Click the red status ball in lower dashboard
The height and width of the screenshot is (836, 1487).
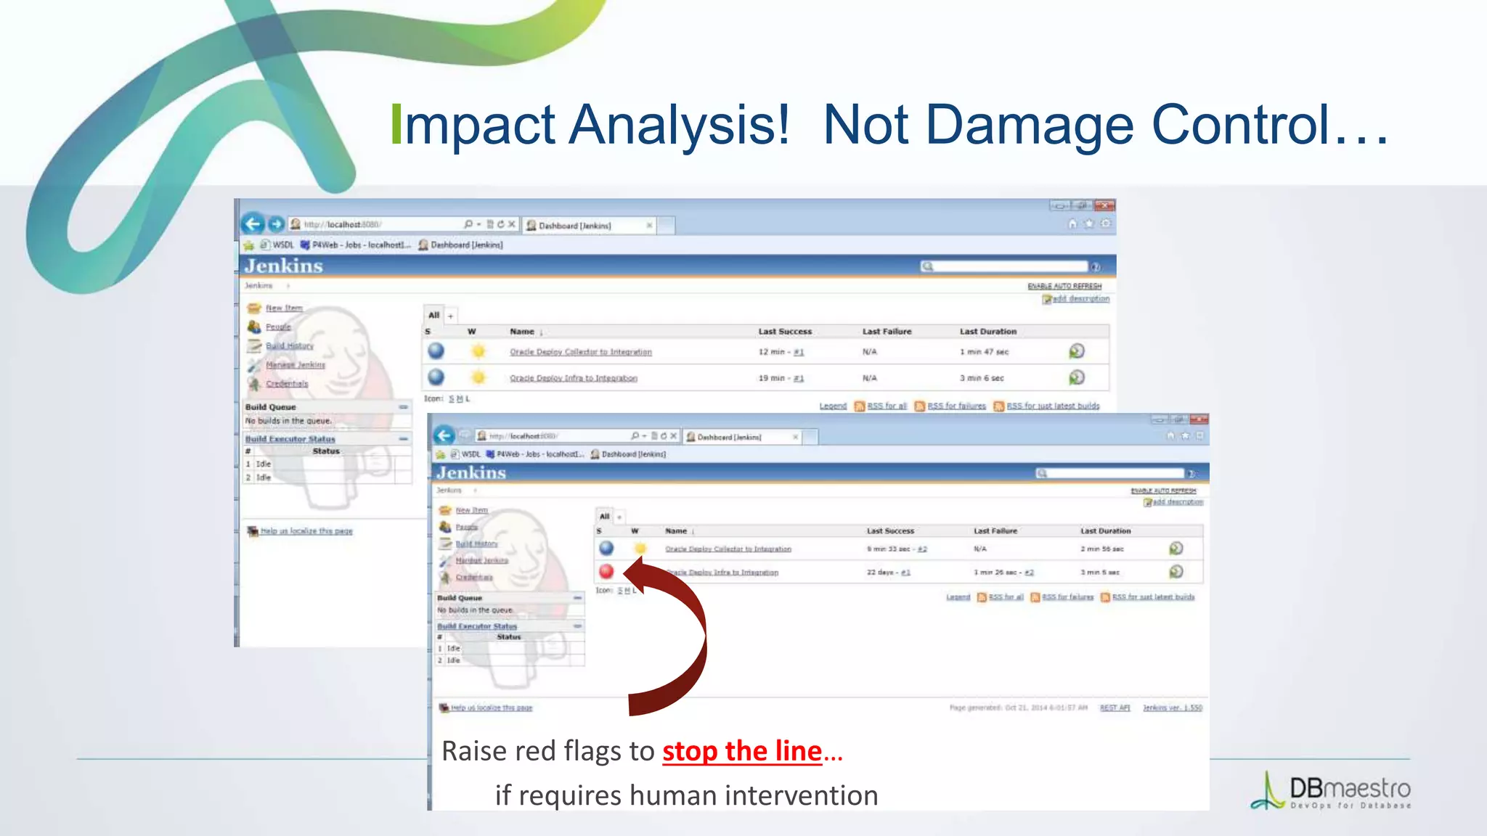click(x=606, y=571)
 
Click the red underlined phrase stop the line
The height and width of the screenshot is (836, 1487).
click(x=741, y=751)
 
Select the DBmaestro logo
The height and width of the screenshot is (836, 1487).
click(x=1332, y=791)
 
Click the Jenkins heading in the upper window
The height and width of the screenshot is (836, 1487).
click(x=284, y=266)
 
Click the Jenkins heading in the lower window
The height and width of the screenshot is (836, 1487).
click(x=471, y=472)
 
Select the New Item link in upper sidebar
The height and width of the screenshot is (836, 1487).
click(x=284, y=308)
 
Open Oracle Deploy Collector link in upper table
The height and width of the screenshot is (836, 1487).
click(x=580, y=352)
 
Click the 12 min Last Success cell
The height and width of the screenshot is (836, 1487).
click(x=781, y=352)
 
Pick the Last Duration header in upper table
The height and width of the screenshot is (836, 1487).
click(x=987, y=332)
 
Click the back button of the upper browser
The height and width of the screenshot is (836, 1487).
click(x=253, y=224)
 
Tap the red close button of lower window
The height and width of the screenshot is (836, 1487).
click(x=1199, y=419)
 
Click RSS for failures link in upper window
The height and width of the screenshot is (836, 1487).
click(x=956, y=406)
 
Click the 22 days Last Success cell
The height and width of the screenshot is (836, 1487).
click(x=887, y=573)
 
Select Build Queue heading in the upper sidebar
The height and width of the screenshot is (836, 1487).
click(x=271, y=407)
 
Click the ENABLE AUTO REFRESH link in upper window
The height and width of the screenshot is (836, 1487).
click(x=1064, y=286)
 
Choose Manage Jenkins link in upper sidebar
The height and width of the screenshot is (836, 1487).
click(x=295, y=364)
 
